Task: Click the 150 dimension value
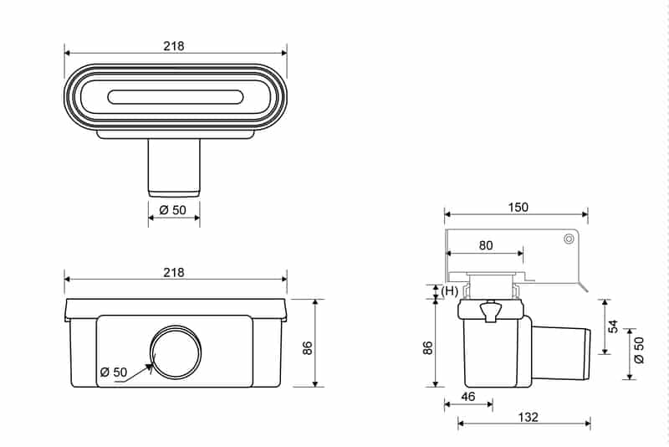[518, 208]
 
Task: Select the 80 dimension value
[486, 246]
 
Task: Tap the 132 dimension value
[528, 417]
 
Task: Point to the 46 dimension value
[468, 397]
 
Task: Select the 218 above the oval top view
[174, 46]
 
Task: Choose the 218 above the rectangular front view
[174, 273]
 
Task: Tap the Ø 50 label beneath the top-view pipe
[173, 210]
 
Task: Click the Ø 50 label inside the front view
[115, 372]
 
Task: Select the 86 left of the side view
[427, 347]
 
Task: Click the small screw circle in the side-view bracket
[569, 239]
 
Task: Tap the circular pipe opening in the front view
[175, 351]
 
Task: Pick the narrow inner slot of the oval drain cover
[175, 98]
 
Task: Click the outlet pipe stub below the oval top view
[174, 167]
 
